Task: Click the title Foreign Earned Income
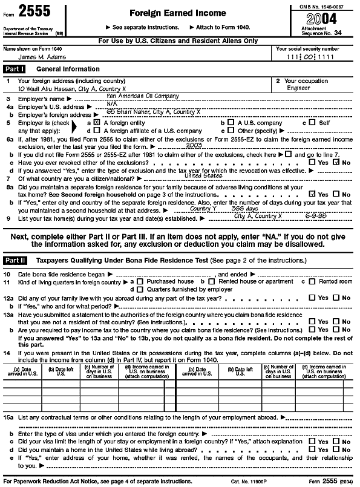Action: coord(177,13)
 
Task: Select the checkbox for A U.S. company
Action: coord(223,122)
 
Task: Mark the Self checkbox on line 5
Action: coord(312,122)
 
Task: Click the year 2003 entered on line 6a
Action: coord(194,145)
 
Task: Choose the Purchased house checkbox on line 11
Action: coord(140,282)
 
